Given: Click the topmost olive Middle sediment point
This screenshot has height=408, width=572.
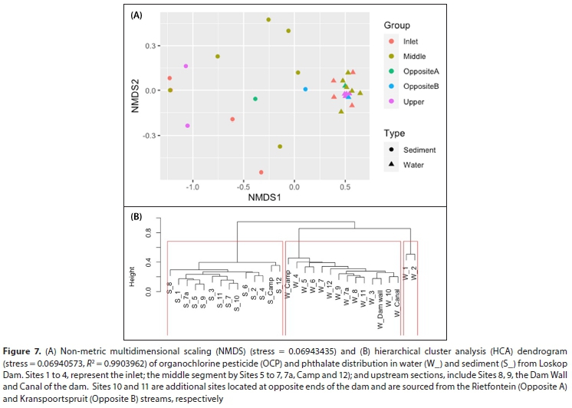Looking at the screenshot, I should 268,20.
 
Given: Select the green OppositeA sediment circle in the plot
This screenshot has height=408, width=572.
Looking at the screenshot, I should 255,99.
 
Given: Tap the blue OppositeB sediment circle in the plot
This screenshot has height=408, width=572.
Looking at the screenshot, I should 305,89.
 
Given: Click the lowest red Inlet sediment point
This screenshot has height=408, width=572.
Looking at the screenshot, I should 261,173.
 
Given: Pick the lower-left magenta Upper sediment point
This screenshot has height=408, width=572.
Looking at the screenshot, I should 187,126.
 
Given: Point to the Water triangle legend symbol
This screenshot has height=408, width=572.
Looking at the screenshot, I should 393,164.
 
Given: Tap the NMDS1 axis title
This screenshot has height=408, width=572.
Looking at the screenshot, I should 263,198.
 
